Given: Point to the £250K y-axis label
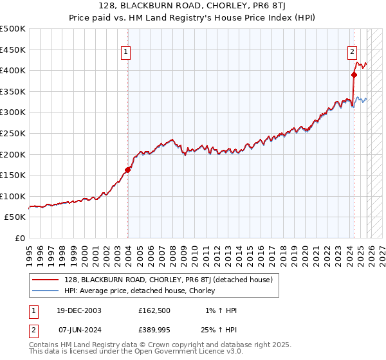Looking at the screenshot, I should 13,134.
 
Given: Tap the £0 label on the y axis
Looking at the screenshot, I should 20,239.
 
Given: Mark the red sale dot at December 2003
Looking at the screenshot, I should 127,170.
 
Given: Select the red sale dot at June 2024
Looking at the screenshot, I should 354,75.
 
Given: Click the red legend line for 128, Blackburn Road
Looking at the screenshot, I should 46,280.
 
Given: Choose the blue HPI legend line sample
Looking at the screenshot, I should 46,291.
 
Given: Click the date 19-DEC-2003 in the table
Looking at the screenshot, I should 75,310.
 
